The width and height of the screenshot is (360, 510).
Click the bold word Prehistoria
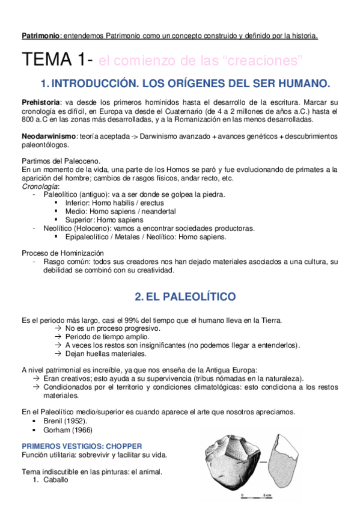[41, 103]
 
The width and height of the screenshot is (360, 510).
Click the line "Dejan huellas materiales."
[100, 354]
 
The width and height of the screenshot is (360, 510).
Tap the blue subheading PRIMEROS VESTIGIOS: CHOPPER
[82, 446]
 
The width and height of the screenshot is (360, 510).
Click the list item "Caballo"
[55, 480]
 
